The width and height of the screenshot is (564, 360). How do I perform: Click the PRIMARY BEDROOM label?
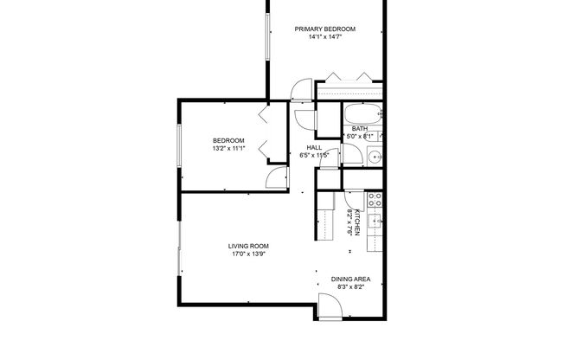click(324, 29)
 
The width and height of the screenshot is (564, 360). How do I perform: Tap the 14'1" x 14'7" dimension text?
click(324, 37)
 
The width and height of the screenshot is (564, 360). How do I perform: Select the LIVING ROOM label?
click(248, 247)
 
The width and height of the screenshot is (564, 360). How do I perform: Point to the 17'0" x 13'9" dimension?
click(248, 254)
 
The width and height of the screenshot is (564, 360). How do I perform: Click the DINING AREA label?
click(350, 279)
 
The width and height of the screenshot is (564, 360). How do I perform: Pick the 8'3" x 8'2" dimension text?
click(350, 287)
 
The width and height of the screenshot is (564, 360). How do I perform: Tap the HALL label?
click(314, 148)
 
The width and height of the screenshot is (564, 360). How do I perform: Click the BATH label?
click(360, 129)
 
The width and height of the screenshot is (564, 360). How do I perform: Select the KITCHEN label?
click(356, 222)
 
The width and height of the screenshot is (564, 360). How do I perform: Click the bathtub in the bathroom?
click(363, 114)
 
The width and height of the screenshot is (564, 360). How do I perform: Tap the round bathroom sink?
click(376, 157)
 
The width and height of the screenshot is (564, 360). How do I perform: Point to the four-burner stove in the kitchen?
click(375, 200)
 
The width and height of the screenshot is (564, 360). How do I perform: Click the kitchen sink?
click(375, 221)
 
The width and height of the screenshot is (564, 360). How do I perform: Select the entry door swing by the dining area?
click(330, 306)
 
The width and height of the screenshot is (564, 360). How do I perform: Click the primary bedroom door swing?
click(301, 89)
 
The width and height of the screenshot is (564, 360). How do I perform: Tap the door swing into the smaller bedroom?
click(277, 178)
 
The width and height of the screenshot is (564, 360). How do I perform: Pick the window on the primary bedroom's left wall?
click(267, 36)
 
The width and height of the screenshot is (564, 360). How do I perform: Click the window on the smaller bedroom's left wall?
click(179, 145)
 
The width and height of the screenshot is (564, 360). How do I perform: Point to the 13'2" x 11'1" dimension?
click(228, 148)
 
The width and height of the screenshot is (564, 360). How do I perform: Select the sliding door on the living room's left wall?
click(179, 248)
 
